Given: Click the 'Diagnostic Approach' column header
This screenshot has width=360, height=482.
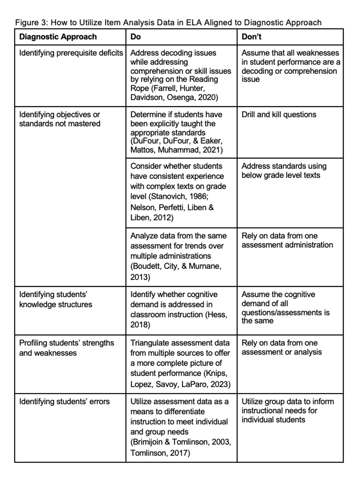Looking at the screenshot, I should (58, 37).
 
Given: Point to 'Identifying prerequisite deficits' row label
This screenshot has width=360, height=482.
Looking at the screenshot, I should (71, 53).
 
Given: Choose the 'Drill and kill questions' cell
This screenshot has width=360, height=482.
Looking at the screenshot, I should (279, 114).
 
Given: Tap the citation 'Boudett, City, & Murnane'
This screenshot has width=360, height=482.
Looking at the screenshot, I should (176, 266).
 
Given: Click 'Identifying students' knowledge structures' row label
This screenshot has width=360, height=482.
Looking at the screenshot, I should (56, 299).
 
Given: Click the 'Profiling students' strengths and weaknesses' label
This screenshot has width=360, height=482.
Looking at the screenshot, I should (66, 348).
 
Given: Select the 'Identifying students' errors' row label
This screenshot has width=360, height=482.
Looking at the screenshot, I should (64, 401).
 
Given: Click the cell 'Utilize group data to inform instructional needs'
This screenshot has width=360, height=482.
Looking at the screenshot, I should (287, 410).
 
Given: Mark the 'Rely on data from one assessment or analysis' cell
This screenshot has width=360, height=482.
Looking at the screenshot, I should (282, 348).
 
